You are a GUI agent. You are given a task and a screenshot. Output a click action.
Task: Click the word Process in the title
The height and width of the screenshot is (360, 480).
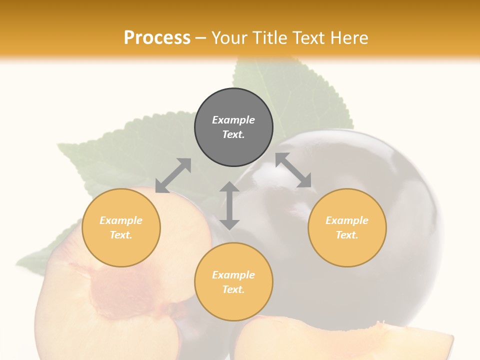point(157,38)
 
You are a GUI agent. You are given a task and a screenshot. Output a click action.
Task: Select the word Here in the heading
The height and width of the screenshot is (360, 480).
point(348,38)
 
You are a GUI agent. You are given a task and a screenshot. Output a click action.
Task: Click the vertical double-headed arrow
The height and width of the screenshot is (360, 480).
point(229,205)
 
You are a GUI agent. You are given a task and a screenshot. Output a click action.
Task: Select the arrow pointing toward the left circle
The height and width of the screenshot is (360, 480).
point(173,175)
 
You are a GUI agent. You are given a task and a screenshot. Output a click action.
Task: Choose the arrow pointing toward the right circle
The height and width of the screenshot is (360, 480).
point(293,170)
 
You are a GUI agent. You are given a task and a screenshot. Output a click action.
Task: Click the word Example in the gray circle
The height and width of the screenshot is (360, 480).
point(233,120)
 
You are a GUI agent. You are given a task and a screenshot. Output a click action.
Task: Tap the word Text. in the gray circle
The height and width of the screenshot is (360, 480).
point(233,134)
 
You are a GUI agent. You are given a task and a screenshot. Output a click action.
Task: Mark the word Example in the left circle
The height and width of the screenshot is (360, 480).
point(121,220)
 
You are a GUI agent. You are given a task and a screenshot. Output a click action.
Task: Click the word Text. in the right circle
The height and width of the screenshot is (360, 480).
point(347,235)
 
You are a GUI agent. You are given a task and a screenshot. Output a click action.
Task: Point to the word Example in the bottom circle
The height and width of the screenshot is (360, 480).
point(233,275)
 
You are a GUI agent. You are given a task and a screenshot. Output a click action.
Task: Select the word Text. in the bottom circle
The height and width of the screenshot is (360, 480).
point(233,289)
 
